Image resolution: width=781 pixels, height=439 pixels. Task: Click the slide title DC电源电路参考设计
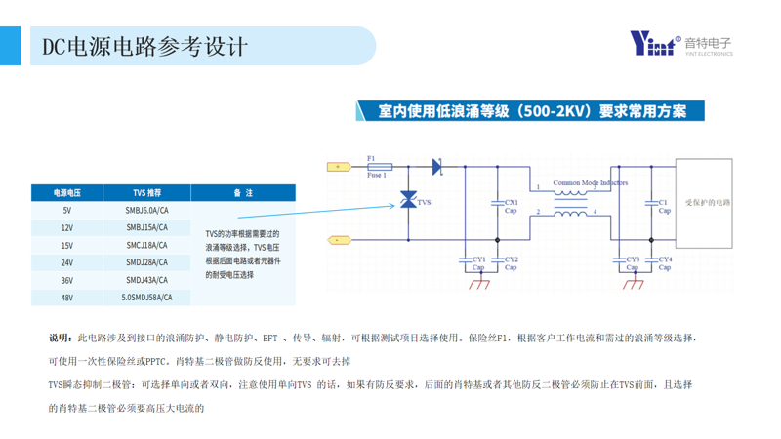coord(146,47)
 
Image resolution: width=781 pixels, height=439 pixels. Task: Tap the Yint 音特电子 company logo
coord(680,44)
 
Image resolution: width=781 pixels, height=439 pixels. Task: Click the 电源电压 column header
coord(67,193)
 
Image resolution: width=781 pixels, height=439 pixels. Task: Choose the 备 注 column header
coord(243,193)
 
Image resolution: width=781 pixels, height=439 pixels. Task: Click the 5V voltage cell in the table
coord(67,210)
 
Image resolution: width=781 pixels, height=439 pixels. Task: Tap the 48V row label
coord(67,298)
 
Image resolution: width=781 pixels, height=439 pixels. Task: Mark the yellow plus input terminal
coord(338,167)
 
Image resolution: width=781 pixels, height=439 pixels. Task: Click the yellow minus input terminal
coord(338,239)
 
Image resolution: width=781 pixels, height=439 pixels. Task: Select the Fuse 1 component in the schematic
coord(377,167)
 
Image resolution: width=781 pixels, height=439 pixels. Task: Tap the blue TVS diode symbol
coord(408,201)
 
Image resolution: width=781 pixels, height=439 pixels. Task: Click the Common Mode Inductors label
coord(590,182)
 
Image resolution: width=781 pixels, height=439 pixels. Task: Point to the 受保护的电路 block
coord(708,203)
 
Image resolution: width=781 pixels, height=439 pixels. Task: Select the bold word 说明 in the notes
coord(60,338)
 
